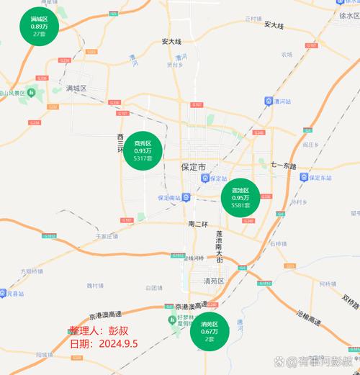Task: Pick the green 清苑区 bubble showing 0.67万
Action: click(210, 331)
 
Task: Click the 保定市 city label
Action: click(194, 167)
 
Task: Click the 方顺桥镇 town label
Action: click(32, 271)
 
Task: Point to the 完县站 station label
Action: click(14, 294)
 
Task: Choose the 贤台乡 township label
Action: click(174, 64)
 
